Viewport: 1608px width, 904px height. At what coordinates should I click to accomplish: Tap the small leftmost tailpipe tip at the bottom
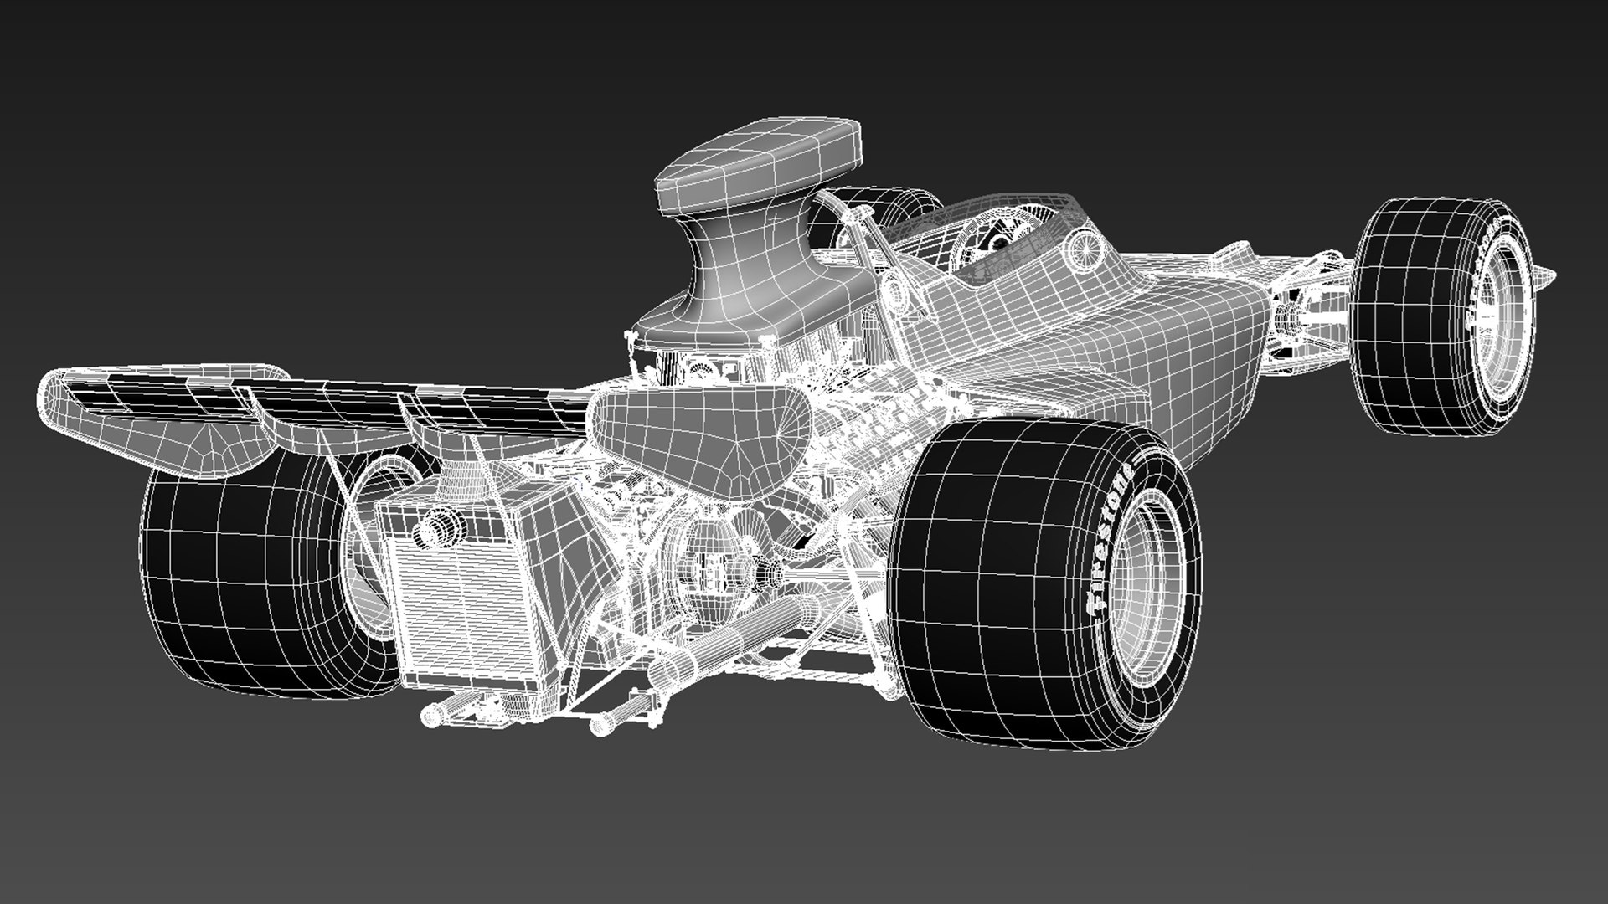[x=431, y=713]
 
